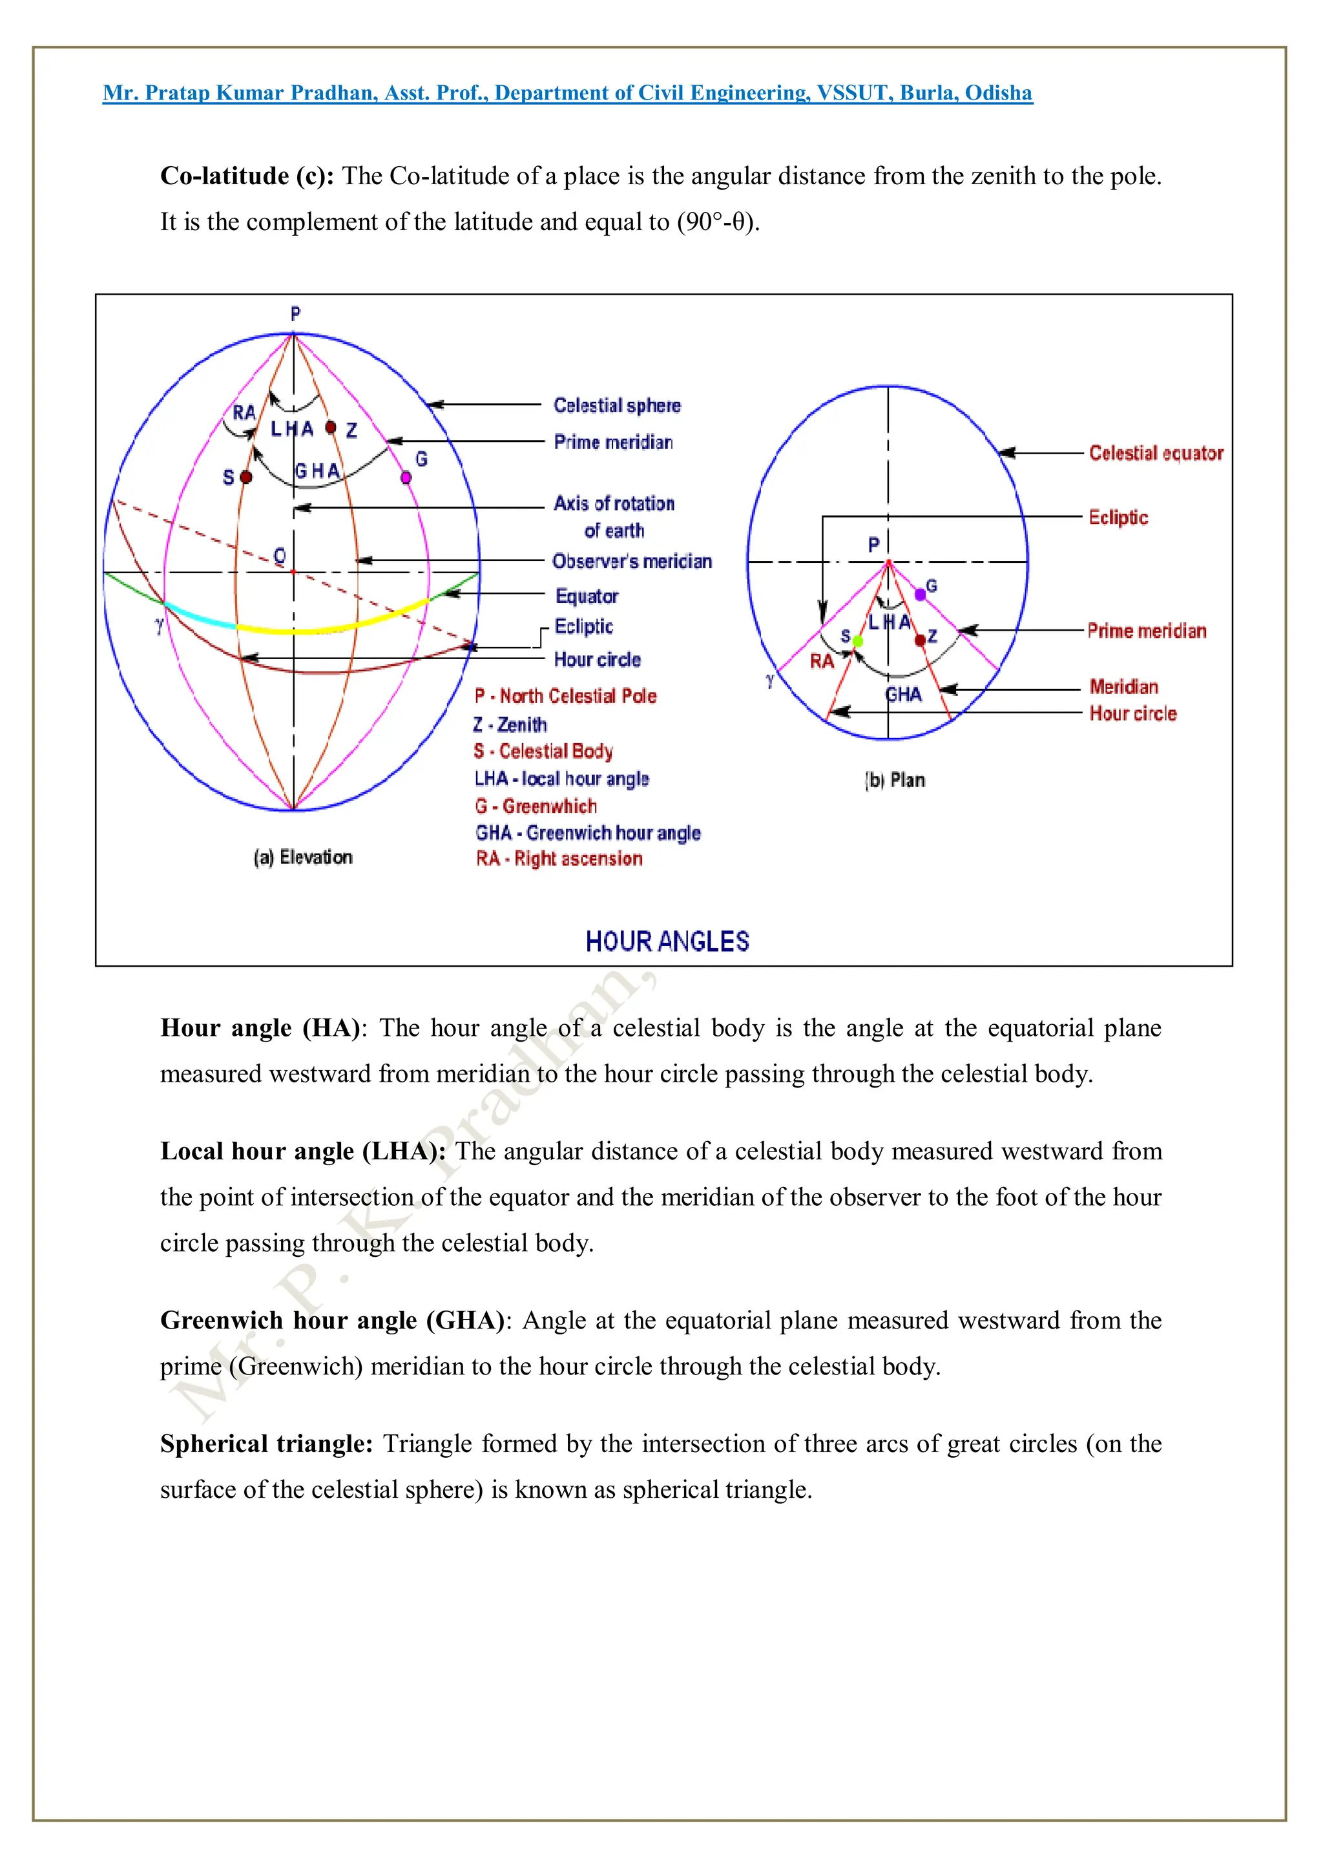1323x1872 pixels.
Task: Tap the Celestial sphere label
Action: (617, 405)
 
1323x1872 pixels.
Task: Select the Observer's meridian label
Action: (632, 561)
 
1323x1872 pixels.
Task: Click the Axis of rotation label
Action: (614, 504)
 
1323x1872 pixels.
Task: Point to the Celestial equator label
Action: (1155, 454)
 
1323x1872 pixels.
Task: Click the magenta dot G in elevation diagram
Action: (406, 477)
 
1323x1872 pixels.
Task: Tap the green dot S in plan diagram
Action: (857, 642)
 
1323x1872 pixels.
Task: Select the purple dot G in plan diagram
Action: (921, 594)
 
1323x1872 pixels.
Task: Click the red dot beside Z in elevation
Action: (331, 427)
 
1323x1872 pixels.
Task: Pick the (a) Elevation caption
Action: (303, 857)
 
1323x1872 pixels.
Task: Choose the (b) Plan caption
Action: (894, 781)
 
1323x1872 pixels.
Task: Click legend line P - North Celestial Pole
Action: (565, 697)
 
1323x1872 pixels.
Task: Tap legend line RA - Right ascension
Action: (559, 859)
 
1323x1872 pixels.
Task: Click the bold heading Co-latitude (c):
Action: (247, 176)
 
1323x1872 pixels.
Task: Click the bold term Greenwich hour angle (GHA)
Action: (333, 1321)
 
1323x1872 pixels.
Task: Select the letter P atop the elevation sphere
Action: (295, 314)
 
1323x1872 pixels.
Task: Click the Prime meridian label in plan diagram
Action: (1146, 631)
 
